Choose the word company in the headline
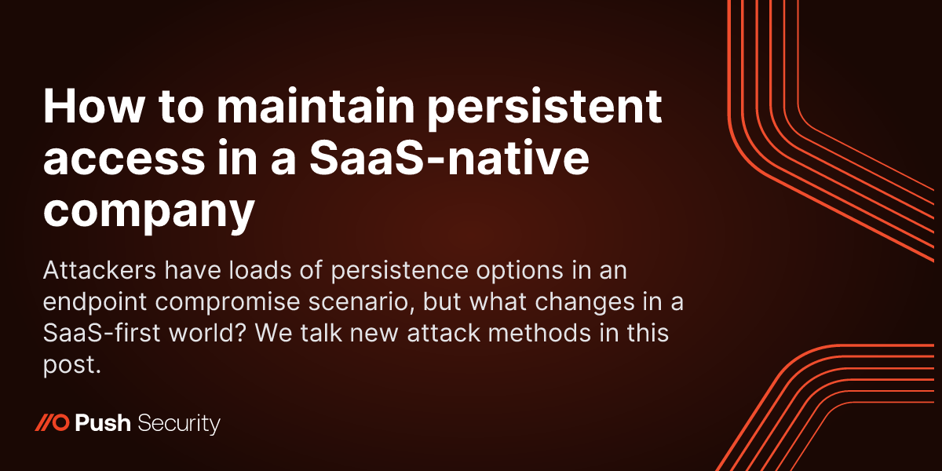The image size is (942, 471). (x=149, y=206)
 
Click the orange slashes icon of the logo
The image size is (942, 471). (x=53, y=425)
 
